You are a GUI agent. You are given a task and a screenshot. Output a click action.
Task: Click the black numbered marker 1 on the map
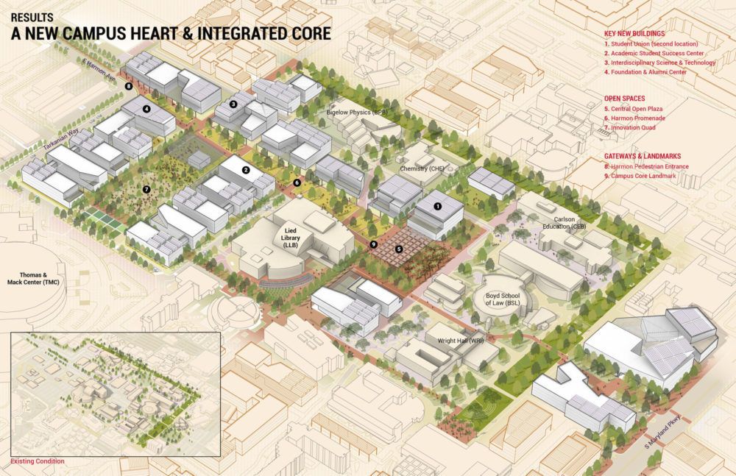pos(437,207)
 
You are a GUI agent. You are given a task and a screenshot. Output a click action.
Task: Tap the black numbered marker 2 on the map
pos(247,169)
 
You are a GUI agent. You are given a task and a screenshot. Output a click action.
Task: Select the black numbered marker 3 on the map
pos(233,104)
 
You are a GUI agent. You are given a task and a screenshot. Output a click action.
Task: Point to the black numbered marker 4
pos(147,110)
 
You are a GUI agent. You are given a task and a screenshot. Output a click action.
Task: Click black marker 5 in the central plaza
pos(399,249)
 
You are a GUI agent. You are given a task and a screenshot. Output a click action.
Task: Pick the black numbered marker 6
pos(297,182)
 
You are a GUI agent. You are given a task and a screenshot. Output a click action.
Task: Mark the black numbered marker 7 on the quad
pos(146,190)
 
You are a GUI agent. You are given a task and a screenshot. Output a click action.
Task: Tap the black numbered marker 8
pos(129,86)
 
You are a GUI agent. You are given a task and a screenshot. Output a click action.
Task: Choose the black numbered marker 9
pos(374,244)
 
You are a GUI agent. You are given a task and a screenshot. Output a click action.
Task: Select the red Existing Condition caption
pos(37,461)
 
